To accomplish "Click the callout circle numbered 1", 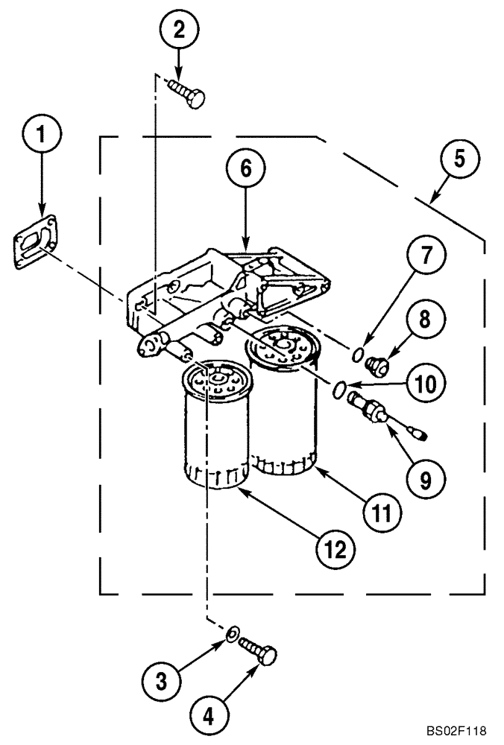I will (41, 136).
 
